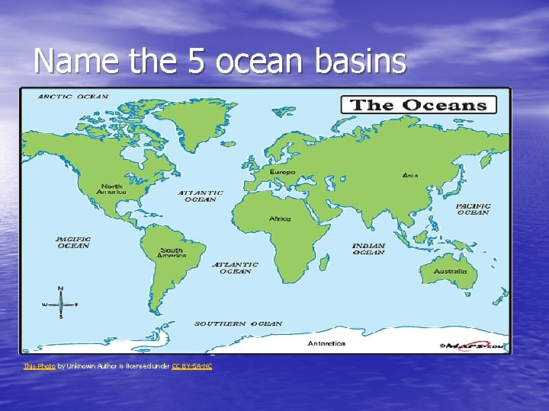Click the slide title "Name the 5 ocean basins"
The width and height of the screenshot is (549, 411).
pos(220,61)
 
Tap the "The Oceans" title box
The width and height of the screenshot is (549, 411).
pos(418,105)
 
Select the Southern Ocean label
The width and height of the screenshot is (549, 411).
pos(238,323)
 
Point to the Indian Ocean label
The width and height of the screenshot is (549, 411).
pos(368,249)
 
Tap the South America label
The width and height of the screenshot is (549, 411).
pos(172,253)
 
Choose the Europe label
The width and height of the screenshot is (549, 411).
pos(282,172)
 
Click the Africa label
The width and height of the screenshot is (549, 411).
pos(280,219)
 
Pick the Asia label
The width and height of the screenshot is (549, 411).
pos(410,175)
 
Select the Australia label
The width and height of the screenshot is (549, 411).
pos(450,272)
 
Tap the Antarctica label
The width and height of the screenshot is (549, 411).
pos(326,343)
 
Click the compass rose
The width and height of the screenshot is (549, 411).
pos(60,304)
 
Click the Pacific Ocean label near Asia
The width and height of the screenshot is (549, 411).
pos(473,209)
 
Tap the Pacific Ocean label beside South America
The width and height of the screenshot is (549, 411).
pos(73,242)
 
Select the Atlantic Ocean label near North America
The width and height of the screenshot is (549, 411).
pos(201,196)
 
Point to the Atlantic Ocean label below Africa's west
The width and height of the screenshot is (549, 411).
pos(235,268)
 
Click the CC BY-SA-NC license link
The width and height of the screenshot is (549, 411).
pos(191,367)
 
